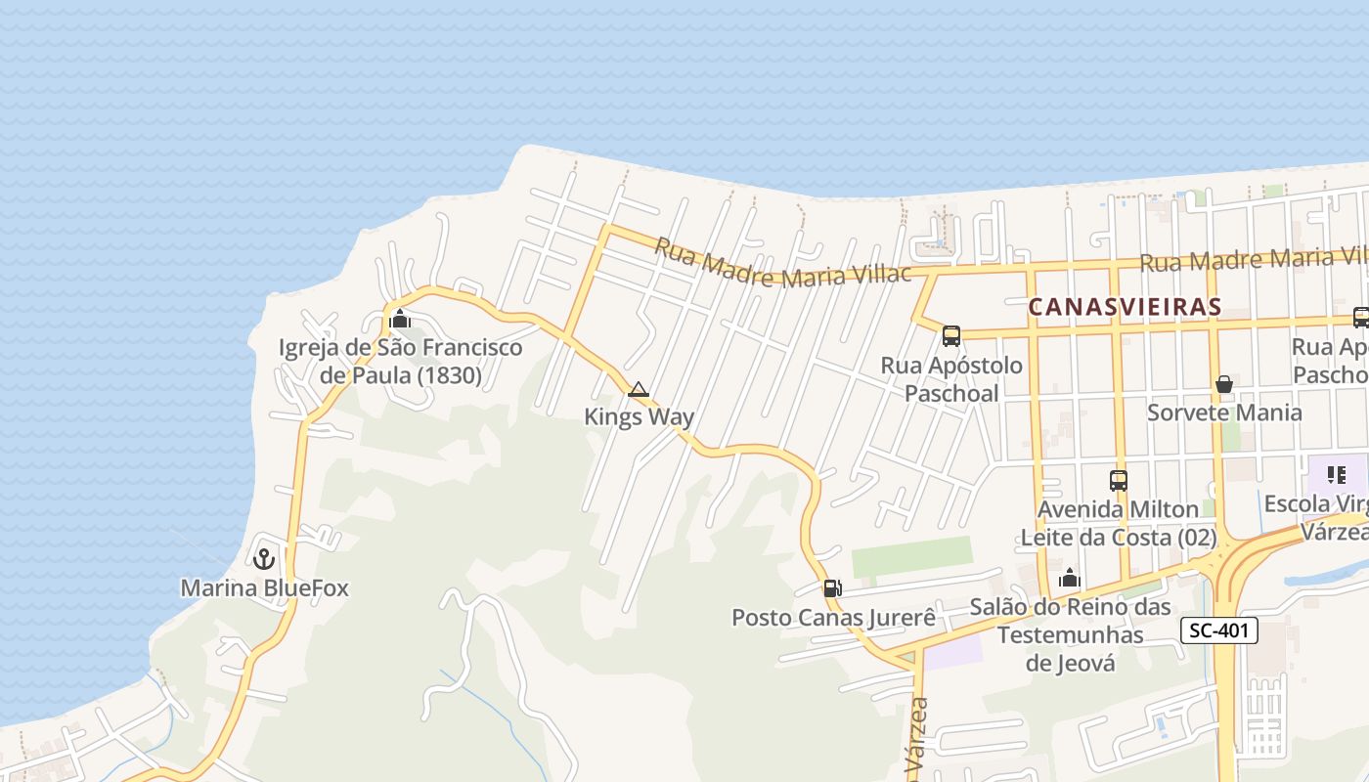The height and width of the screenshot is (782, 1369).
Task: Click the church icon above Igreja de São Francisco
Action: click(x=399, y=319)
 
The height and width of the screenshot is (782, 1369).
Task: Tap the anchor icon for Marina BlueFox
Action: click(x=263, y=559)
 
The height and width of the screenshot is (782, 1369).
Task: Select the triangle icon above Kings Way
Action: click(x=639, y=390)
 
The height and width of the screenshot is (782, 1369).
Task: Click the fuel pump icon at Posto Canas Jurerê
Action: click(x=832, y=588)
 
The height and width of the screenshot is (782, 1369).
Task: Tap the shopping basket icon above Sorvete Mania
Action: click(x=1223, y=384)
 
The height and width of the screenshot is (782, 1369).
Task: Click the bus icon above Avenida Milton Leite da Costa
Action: click(x=1119, y=481)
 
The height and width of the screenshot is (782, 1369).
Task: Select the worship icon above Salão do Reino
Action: click(x=1069, y=579)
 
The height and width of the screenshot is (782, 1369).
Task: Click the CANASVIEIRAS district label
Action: click(x=1125, y=307)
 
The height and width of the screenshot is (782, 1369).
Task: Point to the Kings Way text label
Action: click(x=639, y=417)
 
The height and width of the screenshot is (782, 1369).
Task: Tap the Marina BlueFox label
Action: click(x=264, y=588)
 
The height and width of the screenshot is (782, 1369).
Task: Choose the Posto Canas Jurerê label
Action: click(x=833, y=618)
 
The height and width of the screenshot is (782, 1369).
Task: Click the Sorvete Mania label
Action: click(x=1223, y=413)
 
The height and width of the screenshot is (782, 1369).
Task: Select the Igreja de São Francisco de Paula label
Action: click(x=400, y=362)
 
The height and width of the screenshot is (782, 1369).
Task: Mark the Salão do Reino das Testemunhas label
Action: click(x=1070, y=635)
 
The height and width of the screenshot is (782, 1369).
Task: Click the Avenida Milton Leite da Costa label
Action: click(x=1119, y=524)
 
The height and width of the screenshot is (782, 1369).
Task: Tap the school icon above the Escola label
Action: click(x=1336, y=476)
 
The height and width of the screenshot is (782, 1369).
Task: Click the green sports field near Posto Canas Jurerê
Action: click(x=911, y=557)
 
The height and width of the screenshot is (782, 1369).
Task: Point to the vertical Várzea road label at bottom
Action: click(x=918, y=738)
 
